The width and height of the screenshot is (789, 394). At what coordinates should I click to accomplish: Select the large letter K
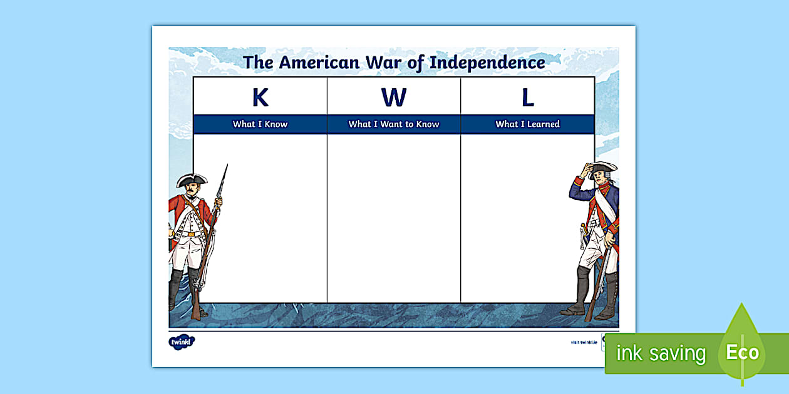(x=260, y=98)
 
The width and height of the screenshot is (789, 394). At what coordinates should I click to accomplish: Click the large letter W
(x=394, y=98)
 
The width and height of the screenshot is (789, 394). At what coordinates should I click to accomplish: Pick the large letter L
(x=528, y=98)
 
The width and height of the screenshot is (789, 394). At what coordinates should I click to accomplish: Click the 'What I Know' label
(x=260, y=124)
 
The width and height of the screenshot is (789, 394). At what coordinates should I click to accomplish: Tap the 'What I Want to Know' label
(x=394, y=124)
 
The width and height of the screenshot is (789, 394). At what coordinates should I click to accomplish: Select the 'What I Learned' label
(x=527, y=124)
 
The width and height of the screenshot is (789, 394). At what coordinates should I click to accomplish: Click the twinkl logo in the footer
(x=182, y=341)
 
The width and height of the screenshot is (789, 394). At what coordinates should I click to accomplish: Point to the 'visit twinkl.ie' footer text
(x=583, y=343)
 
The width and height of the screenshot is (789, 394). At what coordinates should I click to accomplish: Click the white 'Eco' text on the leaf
(x=742, y=352)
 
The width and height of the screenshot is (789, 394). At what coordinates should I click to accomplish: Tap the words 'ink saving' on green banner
(x=661, y=353)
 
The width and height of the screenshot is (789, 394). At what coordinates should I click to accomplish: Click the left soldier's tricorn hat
(x=191, y=180)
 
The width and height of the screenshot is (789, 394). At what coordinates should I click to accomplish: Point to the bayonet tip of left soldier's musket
(x=226, y=166)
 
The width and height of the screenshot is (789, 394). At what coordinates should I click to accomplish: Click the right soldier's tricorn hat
(x=602, y=166)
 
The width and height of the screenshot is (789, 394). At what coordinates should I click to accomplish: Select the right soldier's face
(x=600, y=178)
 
